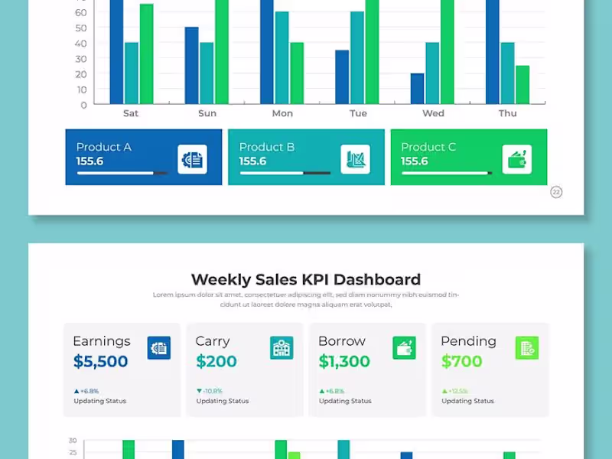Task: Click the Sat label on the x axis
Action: point(131,113)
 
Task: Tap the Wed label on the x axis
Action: point(433,113)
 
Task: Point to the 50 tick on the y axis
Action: point(81,28)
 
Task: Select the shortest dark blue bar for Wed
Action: point(417,89)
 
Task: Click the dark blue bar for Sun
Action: point(191,66)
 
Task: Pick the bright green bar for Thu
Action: point(522,85)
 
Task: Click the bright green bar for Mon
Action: point(297,73)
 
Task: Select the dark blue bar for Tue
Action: point(342,77)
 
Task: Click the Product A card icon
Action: point(192,159)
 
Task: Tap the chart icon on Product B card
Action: point(355,159)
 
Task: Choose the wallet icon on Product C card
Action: point(517,159)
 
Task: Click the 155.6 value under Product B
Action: point(252,161)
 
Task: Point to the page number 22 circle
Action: point(556,192)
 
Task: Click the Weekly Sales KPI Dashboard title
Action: point(305,279)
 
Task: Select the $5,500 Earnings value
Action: point(101,361)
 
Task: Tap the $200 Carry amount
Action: point(216,361)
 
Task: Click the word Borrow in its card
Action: point(342,341)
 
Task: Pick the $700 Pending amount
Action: point(461,361)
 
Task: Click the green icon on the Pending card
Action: point(526,348)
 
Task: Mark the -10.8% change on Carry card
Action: point(211,391)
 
